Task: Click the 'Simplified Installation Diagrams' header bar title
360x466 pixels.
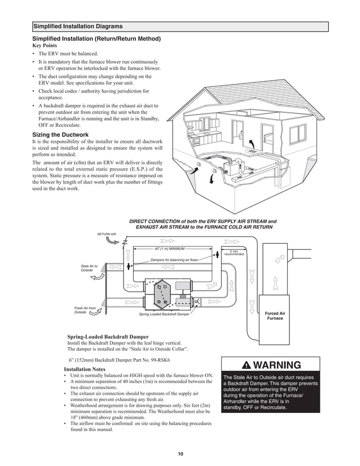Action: tap(78, 27)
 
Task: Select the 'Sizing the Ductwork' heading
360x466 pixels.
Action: tap(60, 134)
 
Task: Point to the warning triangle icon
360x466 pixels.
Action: tap(245, 364)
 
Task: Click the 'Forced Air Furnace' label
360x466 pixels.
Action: tap(275, 315)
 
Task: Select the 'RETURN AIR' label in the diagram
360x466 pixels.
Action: tap(106, 234)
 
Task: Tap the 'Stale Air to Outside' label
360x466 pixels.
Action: tap(89, 268)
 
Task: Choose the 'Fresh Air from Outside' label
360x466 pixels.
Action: tap(85, 310)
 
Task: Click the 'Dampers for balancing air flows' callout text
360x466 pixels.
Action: tap(174, 260)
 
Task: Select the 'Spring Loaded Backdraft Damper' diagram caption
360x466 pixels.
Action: tap(164, 314)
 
